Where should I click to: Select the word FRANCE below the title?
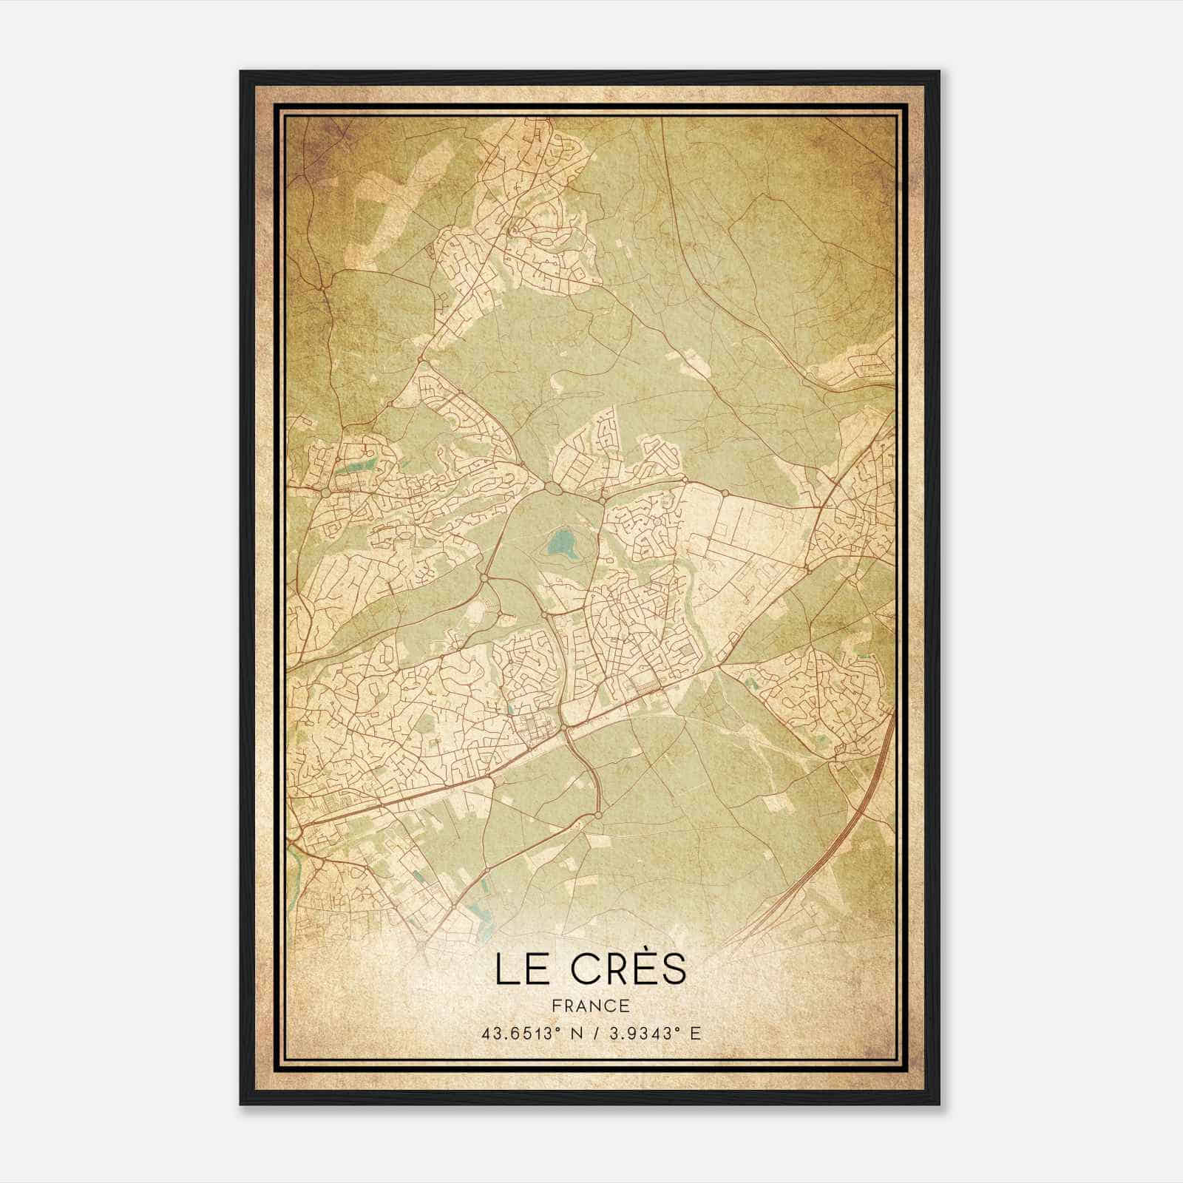click(x=591, y=1006)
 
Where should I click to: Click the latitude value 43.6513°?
click(x=517, y=1034)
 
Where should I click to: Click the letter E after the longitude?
click(x=694, y=1034)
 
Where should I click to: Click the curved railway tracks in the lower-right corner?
click(x=828, y=850)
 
